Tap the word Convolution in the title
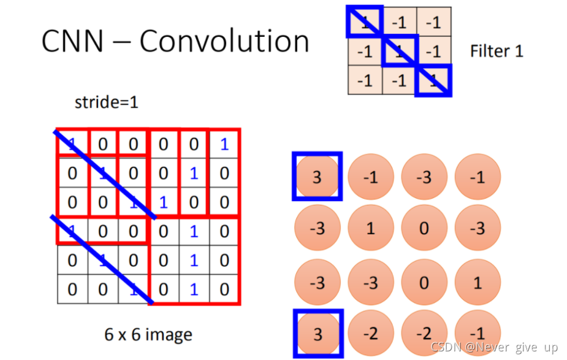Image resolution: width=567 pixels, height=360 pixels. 224,41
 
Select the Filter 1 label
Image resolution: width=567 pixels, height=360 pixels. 497,51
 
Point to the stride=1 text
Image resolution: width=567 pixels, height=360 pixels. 106,102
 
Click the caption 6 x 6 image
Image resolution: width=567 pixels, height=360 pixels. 148,335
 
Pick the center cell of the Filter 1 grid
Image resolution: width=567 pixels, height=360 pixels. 400,51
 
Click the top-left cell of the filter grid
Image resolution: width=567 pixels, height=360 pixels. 365,22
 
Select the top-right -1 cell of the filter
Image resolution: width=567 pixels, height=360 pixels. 434,22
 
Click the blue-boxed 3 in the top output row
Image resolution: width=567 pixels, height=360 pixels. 317,177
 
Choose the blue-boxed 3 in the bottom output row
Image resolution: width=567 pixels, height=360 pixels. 317,333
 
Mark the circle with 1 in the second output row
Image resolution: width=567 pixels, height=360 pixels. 370,229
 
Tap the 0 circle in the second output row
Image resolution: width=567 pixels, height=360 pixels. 424,229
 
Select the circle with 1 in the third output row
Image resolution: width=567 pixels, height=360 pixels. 478,282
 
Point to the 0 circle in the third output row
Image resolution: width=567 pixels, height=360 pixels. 424,282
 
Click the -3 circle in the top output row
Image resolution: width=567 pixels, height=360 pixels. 424,177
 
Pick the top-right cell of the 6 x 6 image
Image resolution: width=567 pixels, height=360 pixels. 224,144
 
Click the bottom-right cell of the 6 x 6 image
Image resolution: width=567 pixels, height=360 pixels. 224,289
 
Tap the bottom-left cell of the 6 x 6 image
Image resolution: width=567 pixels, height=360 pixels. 72,289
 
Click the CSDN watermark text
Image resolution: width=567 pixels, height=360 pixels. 494,347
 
